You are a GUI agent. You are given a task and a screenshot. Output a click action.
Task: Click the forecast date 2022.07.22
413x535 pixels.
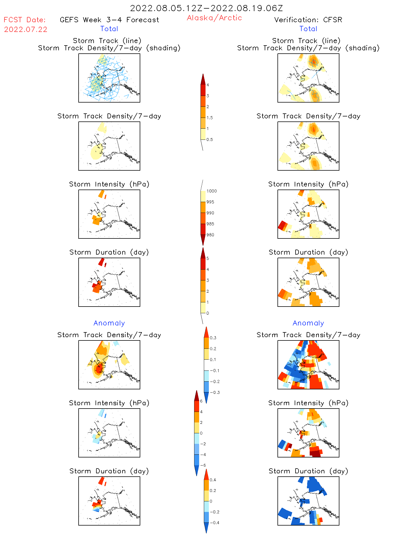click(26, 29)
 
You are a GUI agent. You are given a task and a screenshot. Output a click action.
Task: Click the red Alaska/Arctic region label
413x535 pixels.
click(214, 18)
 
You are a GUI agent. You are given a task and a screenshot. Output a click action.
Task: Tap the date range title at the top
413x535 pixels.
click(206, 8)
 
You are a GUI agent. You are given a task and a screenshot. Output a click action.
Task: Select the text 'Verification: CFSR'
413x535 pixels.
click(308, 20)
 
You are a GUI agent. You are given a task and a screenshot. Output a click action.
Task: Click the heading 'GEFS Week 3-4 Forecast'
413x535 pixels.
click(109, 20)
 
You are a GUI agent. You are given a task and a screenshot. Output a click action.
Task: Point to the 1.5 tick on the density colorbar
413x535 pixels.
click(209, 118)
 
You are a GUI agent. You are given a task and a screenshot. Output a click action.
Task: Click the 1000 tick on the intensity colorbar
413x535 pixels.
click(211, 191)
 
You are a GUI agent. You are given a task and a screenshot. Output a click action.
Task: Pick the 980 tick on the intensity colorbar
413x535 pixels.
click(210, 235)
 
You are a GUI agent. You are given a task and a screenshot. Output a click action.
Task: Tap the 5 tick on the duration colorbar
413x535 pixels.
click(207, 258)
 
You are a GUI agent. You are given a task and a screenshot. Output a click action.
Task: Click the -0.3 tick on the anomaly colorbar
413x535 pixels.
click(214, 392)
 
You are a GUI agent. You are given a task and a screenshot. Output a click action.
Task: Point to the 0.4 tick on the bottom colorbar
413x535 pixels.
click(213, 480)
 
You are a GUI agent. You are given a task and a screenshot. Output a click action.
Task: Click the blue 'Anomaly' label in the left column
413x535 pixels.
click(109, 323)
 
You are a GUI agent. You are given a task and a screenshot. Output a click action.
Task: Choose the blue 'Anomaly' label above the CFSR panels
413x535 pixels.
click(308, 323)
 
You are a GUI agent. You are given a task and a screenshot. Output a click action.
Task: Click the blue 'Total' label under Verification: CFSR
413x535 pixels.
click(308, 29)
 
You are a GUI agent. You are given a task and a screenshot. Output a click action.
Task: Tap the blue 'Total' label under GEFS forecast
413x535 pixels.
click(109, 29)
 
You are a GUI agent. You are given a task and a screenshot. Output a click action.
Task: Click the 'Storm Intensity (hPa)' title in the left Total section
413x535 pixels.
click(109, 184)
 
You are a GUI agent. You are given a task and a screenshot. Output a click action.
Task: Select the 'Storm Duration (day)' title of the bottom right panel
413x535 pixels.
click(308, 471)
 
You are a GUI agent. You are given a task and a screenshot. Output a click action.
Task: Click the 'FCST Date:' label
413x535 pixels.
click(25, 20)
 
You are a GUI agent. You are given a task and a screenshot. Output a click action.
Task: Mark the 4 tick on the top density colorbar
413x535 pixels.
click(207, 85)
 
